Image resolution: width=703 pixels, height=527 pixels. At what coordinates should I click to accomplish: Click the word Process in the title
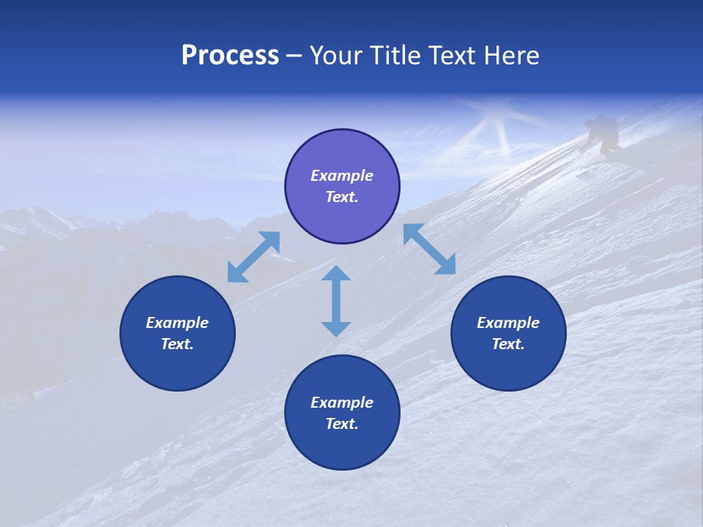[x=230, y=56]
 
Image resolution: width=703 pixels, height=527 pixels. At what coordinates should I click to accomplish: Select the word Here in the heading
[x=510, y=56]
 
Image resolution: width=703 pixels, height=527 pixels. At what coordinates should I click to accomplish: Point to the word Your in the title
[x=338, y=56]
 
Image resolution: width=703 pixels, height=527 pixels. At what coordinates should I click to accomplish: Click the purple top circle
[x=342, y=187]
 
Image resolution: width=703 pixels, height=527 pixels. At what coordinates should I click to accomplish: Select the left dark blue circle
[x=177, y=333]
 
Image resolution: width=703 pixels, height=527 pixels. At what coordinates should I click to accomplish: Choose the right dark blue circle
[x=508, y=333]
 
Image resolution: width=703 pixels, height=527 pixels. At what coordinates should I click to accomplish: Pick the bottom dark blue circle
[x=342, y=413]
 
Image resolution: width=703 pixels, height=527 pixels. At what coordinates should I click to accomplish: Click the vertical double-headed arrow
[x=336, y=301]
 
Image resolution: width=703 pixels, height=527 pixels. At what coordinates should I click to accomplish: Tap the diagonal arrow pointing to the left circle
[x=253, y=257]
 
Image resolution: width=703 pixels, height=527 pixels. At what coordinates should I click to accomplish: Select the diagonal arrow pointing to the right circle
[x=429, y=249]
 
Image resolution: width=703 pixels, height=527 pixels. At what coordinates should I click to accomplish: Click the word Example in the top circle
[x=342, y=176]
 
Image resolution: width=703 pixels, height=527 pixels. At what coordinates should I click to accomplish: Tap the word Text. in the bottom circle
[x=342, y=424]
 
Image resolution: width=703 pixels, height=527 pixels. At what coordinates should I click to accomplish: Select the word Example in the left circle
[x=177, y=323]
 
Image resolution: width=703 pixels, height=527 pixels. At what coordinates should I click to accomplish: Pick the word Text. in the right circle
[x=508, y=344]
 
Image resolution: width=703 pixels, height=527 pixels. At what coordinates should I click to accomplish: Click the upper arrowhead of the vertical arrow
[x=336, y=274]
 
